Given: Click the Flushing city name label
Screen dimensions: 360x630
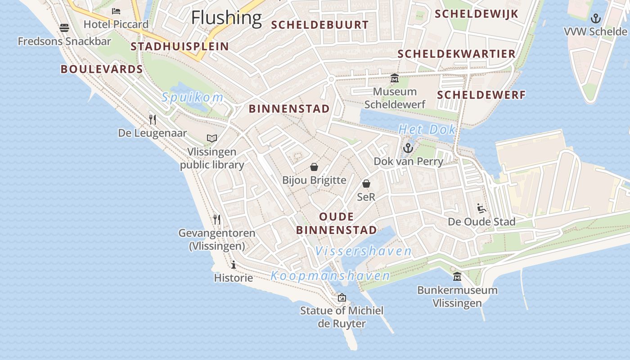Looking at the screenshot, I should click(x=226, y=18).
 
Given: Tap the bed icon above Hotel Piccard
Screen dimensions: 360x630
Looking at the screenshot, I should click(x=116, y=11).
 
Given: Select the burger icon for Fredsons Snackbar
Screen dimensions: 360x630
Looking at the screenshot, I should click(x=64, y=28).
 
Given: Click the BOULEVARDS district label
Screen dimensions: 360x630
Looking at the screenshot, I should click(x=102, y=69).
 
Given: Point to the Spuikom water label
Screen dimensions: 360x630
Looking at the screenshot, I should click(x=193, y=97).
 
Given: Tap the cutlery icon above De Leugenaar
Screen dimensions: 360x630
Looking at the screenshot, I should click(x=153, y=119).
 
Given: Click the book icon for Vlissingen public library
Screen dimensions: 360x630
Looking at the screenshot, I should click(x=212, y=138).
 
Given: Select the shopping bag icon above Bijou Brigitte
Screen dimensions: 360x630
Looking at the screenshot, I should click(x=314, y=167).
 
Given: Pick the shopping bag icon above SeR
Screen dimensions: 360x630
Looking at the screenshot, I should click(x=366, y=184).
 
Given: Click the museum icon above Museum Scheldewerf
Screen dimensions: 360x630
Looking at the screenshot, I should click(x=395, y=78).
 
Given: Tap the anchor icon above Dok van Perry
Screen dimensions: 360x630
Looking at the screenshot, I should click(x=408, y=148).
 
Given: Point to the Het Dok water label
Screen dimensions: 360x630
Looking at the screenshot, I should click(x=427, y=130).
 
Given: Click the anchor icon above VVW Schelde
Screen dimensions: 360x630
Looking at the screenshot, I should click(x=596, y=18).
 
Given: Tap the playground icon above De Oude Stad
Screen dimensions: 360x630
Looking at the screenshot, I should click(x=481, y=208).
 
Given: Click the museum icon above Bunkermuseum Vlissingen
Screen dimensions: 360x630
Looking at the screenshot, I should click(x=457, y=276).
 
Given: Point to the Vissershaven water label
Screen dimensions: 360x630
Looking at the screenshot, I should click(x=364, y=251).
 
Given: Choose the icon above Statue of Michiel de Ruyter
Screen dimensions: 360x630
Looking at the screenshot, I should click(x=342, y=297).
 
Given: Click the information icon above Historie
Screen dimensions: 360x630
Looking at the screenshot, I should click(x=233, y=265).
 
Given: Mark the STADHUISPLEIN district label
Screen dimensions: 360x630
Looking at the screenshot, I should click(x=180, y=46).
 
